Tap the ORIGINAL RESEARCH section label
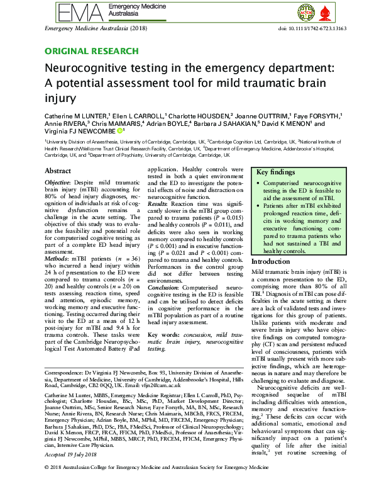point(91,51)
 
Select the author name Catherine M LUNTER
point(77,116)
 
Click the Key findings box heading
point(275,172)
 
